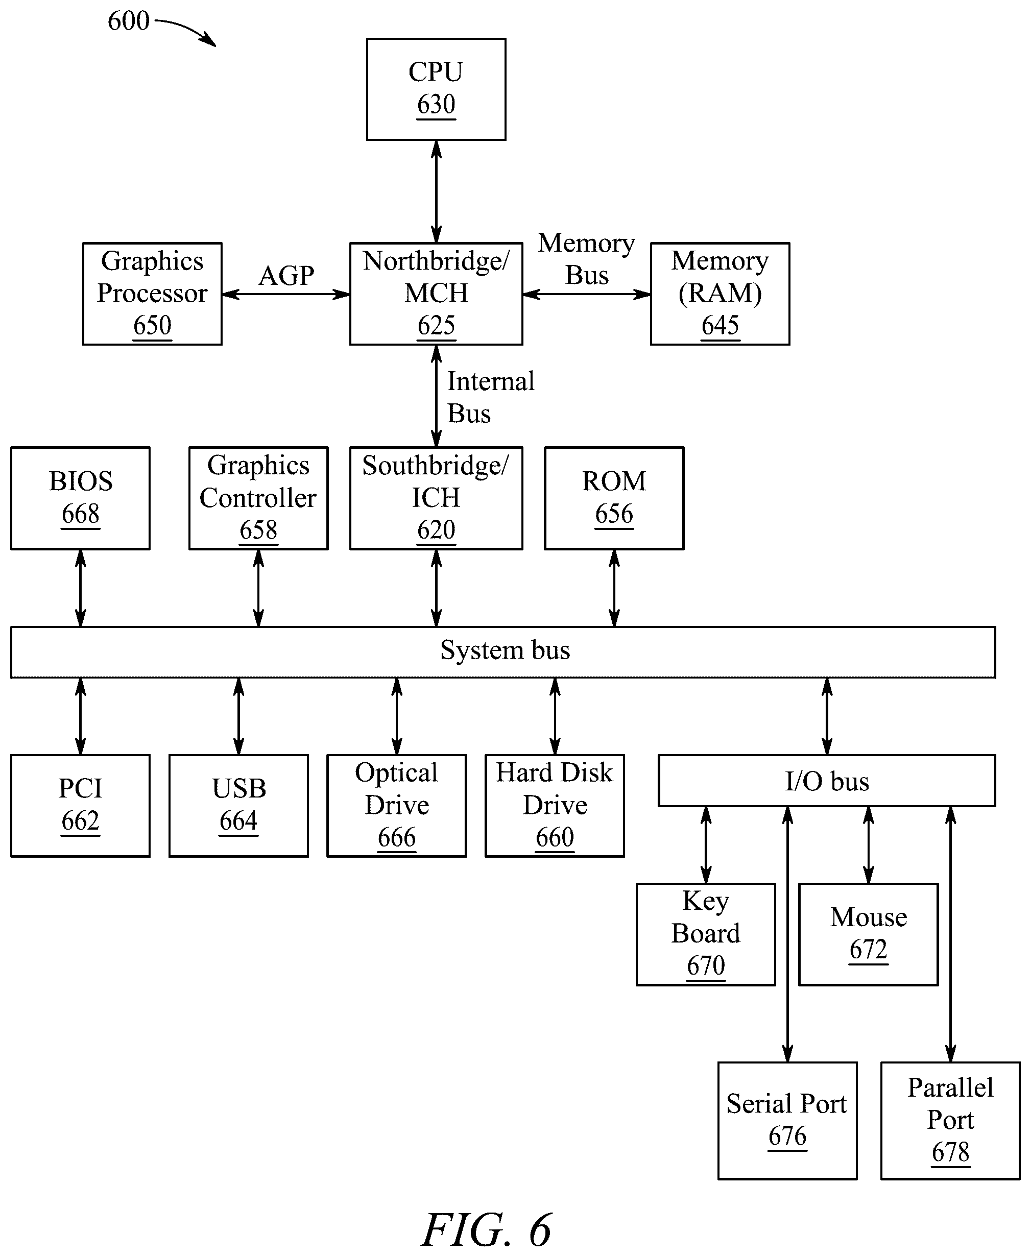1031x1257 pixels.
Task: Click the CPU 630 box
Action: click(436, 89)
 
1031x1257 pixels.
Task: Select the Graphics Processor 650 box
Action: click(152, 294)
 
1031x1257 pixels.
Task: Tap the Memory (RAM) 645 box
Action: click(720, 294)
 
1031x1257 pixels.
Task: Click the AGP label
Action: click(286, 276)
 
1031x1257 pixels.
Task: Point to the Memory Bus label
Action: click(586, 259)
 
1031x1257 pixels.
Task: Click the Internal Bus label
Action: click(491, 397)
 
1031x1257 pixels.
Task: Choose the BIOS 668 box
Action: click(80, 498)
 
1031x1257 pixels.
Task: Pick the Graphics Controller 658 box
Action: click(258, 498)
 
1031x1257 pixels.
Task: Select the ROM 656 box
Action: click(614, 498)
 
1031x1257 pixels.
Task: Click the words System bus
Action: click(505, 649)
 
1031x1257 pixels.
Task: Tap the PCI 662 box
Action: click(80, 805)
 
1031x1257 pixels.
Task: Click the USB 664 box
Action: click(238, 805)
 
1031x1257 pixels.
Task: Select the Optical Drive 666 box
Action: click(397, 805)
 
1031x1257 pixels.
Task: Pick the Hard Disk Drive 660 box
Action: click(555, 805)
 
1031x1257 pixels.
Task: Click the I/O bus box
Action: click(827, 780)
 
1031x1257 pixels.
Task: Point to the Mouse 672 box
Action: click(868, 934)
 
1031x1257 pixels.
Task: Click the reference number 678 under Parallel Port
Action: click(950, 1152)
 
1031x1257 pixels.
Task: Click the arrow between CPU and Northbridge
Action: click(437, 191)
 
